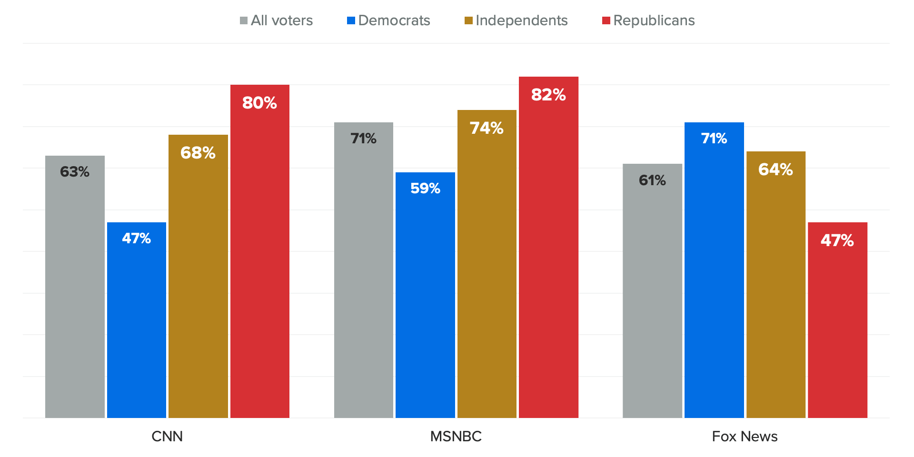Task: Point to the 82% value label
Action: click(548, 95)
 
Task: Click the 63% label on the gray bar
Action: click(75, 172)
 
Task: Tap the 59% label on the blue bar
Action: click(425, 189)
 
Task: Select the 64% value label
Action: click(775, 169)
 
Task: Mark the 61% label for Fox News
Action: click(652, 180)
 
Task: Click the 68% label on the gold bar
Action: click(198, 153)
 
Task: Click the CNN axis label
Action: click(167, 436)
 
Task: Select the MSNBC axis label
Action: click(456, 436)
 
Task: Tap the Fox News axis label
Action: click(745, 436)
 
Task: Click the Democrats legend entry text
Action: click(394, 20)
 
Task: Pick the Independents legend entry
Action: click(521, 20)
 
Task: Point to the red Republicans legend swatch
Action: click(606, 20)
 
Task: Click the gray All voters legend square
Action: click(244, 20)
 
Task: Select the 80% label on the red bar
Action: click(259, 103)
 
